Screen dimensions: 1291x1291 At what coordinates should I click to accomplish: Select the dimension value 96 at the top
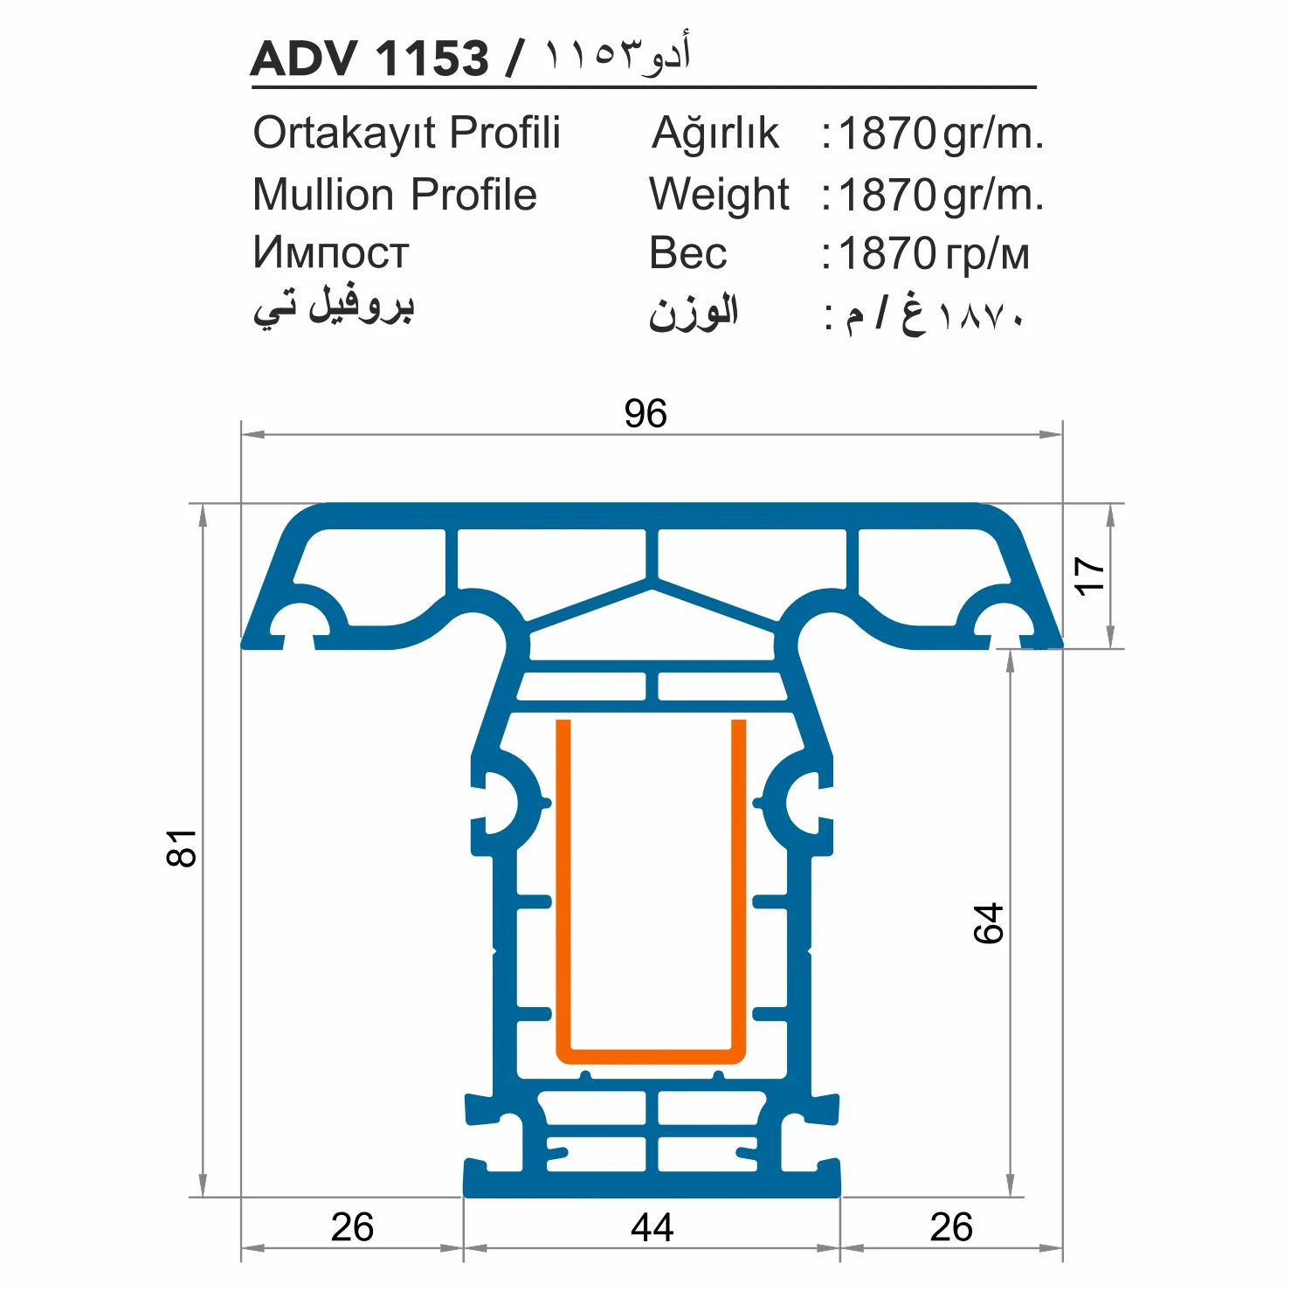tap(645, 413)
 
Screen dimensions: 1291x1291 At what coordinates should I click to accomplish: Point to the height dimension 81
tap(182, 848)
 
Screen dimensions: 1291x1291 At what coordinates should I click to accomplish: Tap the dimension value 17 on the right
tap(1089, 576)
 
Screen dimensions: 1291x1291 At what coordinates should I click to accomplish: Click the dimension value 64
tap(989, 923)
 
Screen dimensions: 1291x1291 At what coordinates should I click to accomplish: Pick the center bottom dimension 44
tap(652, 1227)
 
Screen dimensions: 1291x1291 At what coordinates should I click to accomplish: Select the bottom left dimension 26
tap(352, 1227)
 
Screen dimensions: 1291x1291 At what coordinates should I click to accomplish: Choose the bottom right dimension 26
tap(951, 1227)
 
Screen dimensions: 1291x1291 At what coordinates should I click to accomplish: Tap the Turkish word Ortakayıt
tap(346, 134)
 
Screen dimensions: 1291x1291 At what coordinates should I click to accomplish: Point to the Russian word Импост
tap(330, 253)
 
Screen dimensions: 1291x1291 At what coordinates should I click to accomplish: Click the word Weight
tap(719, 195)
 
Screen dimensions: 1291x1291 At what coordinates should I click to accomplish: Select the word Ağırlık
tap(715, 134)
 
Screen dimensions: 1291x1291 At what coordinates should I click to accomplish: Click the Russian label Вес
tap(687, 253)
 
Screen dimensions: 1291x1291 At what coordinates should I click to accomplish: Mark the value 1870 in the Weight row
tap(887, 195)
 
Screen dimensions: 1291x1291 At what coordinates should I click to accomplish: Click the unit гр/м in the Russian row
tap(987, 254)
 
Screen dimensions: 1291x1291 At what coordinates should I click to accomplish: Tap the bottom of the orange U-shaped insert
tap(651, 1056)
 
